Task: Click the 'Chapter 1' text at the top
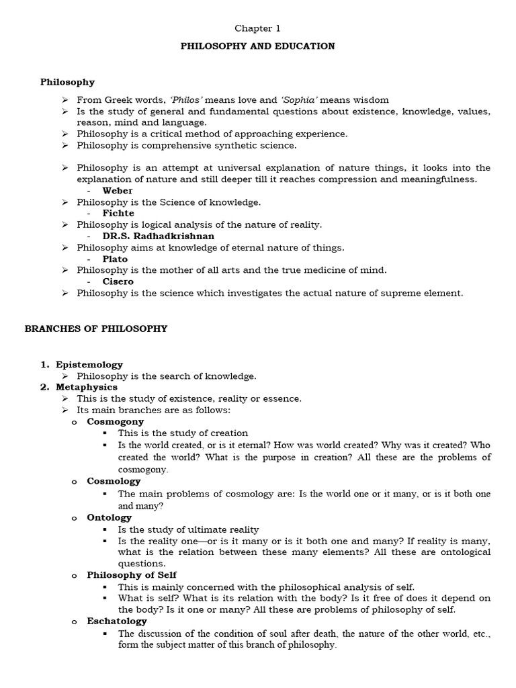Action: point(257,28)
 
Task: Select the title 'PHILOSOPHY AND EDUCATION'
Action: point(258,46)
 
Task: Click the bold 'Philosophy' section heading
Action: point(67,82)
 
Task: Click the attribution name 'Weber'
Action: point(118,191)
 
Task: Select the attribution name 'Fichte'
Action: point(118,213)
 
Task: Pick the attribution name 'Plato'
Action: point(116,259)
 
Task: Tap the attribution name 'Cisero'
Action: point(118,282)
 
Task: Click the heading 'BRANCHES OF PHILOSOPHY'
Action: point(96,329)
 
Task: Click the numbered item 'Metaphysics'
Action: point(87,387)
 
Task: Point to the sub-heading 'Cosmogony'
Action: point(116,421)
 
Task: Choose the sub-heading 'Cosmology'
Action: point(114,481)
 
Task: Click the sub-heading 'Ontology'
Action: point(110,517)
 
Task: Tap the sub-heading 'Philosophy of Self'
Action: point(131,575)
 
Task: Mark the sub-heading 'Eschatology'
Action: point(117,621)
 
